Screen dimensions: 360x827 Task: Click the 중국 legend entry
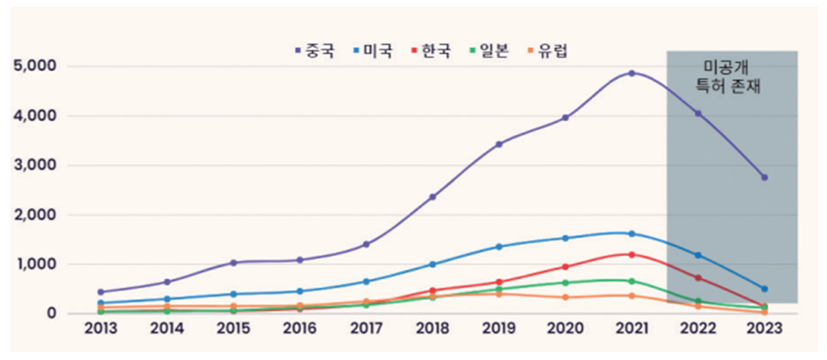[312, 50]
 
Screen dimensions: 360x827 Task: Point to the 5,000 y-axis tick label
[35, 66]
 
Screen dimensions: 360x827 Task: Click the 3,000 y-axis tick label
[35, 165]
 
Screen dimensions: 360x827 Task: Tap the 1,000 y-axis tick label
[35, 264]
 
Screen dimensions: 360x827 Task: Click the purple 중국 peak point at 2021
[632, 73]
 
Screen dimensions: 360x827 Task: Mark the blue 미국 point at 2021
[632, 233]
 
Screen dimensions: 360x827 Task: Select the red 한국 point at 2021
[632, 254]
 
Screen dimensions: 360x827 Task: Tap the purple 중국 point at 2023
[765, 177]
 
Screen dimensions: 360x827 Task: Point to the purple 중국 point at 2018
[432, 196]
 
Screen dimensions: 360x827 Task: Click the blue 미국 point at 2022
[699, 255]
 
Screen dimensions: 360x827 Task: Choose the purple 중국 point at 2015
[233, 262]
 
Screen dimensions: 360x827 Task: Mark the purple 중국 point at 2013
[99, 291]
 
